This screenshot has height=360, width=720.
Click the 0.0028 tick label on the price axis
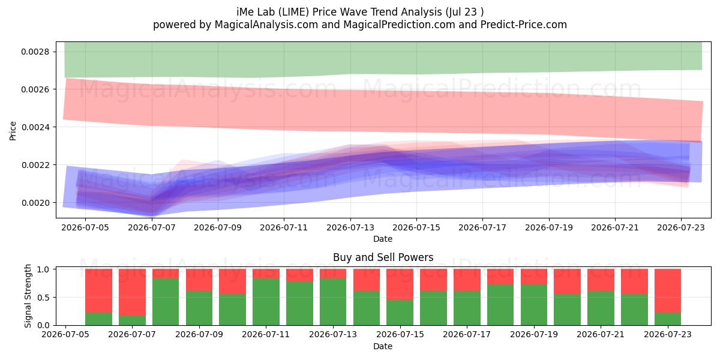click(35, 52)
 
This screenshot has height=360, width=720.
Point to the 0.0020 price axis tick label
click(35, 203)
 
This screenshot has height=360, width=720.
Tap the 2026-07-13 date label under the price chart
click(350, 227)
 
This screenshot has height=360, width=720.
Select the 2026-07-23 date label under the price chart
click(681, 227)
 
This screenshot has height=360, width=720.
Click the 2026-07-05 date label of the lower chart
click(65, 335)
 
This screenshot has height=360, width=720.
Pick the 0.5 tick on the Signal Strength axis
click(43, 298)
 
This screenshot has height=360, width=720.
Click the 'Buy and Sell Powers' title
click(383, 257)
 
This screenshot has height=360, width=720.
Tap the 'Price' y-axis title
click(13, 131)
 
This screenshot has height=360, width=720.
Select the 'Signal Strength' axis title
click(28, 296)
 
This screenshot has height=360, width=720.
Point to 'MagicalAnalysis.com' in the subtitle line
click(266, 25)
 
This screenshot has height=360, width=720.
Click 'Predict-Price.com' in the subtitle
click(524, 25)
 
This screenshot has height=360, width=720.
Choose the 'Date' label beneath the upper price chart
click(383, 239)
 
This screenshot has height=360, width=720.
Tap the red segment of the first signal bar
click(98, 290)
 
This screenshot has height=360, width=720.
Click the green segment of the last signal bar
click(668, 319)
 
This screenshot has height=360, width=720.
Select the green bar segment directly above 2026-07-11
click(266, 302)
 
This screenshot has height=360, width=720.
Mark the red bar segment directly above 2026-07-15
click(400, 284)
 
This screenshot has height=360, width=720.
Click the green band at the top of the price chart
click(383, 59)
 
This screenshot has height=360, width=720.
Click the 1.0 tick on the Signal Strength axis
click(43, 269)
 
